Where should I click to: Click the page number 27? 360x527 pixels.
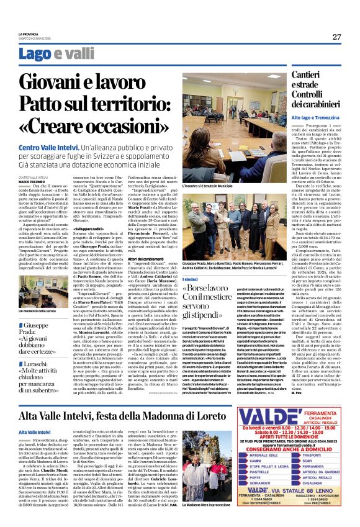tap(336, 37)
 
